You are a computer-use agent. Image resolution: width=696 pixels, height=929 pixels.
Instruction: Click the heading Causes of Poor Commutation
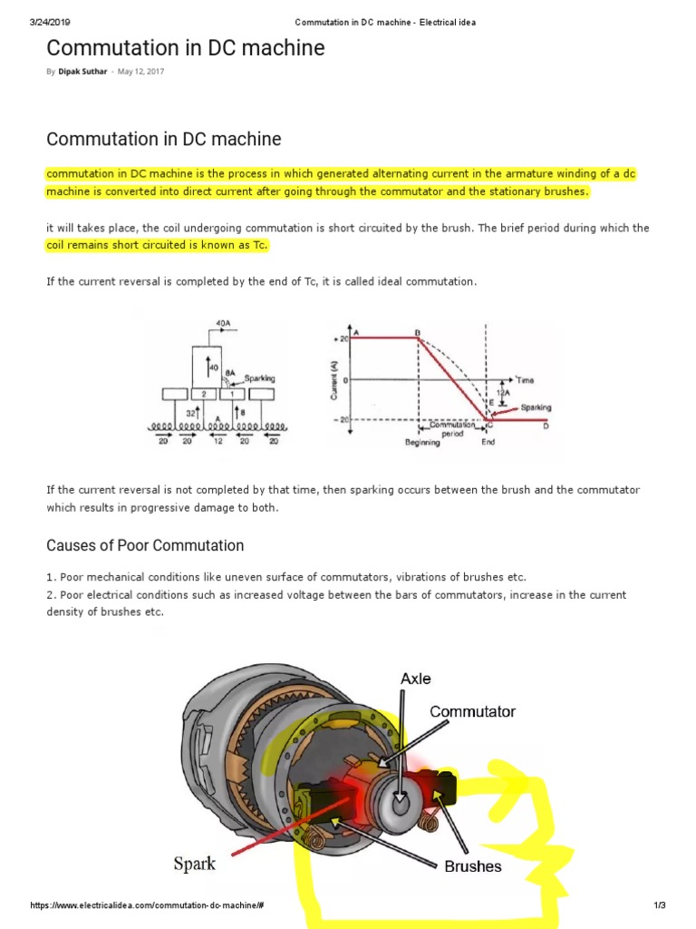[x=145, y=545]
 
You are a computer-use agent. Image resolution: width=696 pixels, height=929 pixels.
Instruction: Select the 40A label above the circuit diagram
[x=223, y=322]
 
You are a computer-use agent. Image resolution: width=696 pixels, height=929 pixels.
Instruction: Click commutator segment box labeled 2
[x=204, y=394]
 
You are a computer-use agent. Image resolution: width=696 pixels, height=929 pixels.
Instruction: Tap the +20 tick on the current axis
[x=343, y=337]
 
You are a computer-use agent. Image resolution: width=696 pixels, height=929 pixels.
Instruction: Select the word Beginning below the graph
[x=422, y=443]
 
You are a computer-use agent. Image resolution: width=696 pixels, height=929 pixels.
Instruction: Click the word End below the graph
[x=488, y=443]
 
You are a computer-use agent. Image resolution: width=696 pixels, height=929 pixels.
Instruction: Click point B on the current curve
[x=418, y=333]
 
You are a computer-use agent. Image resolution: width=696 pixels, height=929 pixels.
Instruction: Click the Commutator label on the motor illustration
[x=472, y=711]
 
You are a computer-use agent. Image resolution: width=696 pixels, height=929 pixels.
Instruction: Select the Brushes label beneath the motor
[x=473, y=866]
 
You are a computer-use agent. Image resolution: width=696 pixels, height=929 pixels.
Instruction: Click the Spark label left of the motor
[x=195, y=863]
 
